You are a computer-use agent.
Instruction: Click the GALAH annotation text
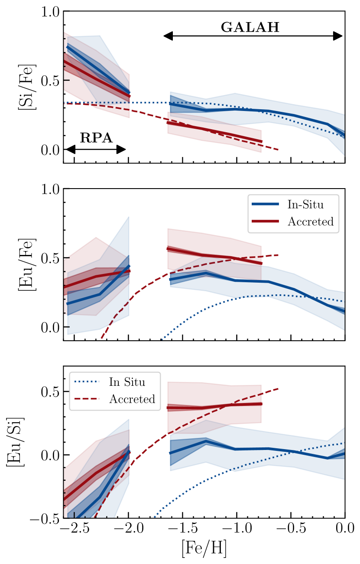pyautogui.click(x=250, y=27)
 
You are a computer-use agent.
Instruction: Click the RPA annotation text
pyautogui.click(x=96, y=138)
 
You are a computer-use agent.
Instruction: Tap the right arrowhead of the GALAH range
pyautogui.click(x=338, y=36)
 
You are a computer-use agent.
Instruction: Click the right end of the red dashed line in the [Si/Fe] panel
pyautogui.click(x=277, y=150)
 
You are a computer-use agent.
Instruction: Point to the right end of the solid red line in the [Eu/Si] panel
pyautogui.click(x=262, y=404)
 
